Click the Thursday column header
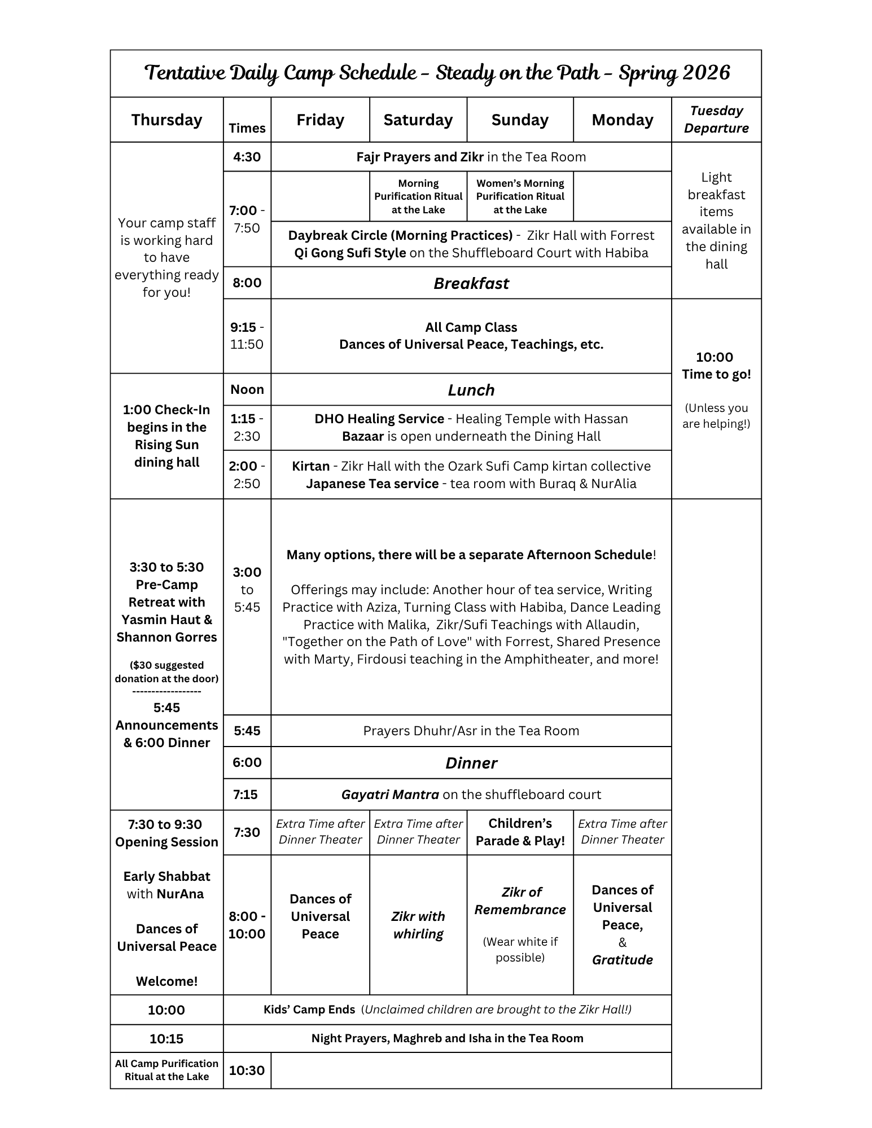166,120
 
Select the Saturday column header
418,120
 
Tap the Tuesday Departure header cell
716,120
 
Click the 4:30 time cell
247,157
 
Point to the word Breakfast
471,283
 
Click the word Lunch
471,390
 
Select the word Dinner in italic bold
471,763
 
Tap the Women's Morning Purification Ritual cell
520,196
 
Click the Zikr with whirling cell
418,925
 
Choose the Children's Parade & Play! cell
520,832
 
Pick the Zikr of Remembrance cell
520,901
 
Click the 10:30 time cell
247,1070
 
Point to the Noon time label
247,389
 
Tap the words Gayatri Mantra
390,795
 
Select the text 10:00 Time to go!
716,366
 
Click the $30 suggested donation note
166,671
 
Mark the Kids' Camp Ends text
309,1010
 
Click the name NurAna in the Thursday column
181,894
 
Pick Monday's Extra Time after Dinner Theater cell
623,832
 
